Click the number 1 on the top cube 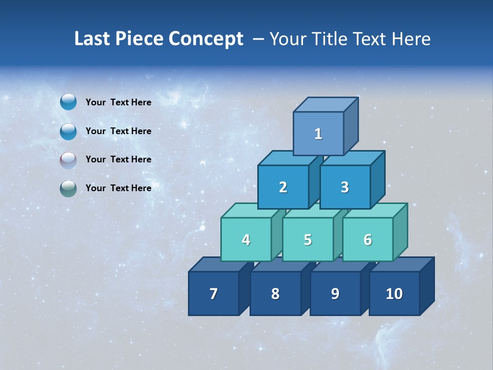pos(318,134)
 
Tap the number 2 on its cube pos(283,188)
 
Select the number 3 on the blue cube pos(345,188)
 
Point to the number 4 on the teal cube pos(246,240)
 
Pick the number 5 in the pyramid pos(308,240)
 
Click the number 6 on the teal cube pos(368,240)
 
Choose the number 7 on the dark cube pos(214,294)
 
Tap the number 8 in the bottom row pos(275,294)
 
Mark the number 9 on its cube pos(335,294)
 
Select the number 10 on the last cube pos(394,294)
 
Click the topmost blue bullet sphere pos(68,102)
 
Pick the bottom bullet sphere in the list pos(68,188)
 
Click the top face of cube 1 pos(326,104)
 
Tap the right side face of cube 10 pos(427,286)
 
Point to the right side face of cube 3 pos(377,180)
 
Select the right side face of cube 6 pos(400,232)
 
